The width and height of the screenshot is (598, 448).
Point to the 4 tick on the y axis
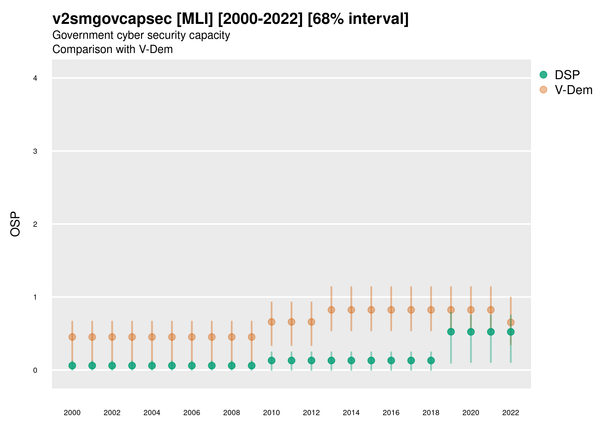click(x=35, y=78)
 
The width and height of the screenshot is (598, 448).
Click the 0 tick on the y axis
click(x=35, y=370)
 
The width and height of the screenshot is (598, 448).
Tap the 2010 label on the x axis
click(x=271, y=413)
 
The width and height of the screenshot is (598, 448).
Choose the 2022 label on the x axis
click(x=510, y=413)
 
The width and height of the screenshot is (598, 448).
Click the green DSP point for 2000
click(x=72, y=366)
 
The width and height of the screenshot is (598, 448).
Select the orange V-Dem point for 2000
click(x=72, y=337)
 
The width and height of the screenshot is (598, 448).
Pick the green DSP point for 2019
click(x=451, y=332)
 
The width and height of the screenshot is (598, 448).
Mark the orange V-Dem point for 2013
click(x=331, y=310)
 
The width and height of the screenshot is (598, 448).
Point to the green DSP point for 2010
click(x=271, y=360)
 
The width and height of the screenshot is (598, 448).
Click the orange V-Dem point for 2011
click(x=292, y=322)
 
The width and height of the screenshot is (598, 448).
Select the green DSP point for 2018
click(x=431, y=360)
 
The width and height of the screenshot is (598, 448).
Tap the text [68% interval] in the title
click(x=358, y=19)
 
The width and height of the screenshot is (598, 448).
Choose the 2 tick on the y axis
click(x=35, y=224)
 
